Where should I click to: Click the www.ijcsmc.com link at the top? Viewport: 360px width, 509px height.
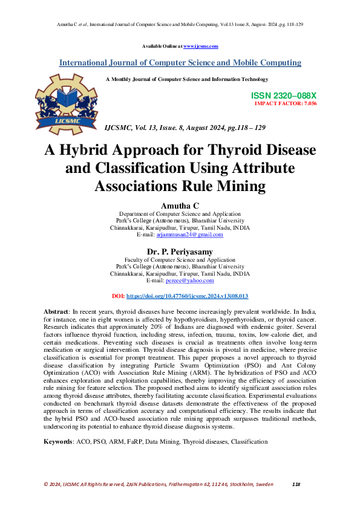point(200,46)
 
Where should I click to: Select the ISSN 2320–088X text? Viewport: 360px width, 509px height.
point(283,96)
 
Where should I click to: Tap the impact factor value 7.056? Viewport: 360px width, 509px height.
point(309,104)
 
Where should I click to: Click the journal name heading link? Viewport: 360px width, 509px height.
point(180,63)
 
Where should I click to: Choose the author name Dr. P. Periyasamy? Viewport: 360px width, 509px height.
point(180,251)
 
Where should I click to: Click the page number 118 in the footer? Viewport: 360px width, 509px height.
point(296,484)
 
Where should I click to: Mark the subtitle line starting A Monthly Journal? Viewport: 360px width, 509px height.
point(186,79)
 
